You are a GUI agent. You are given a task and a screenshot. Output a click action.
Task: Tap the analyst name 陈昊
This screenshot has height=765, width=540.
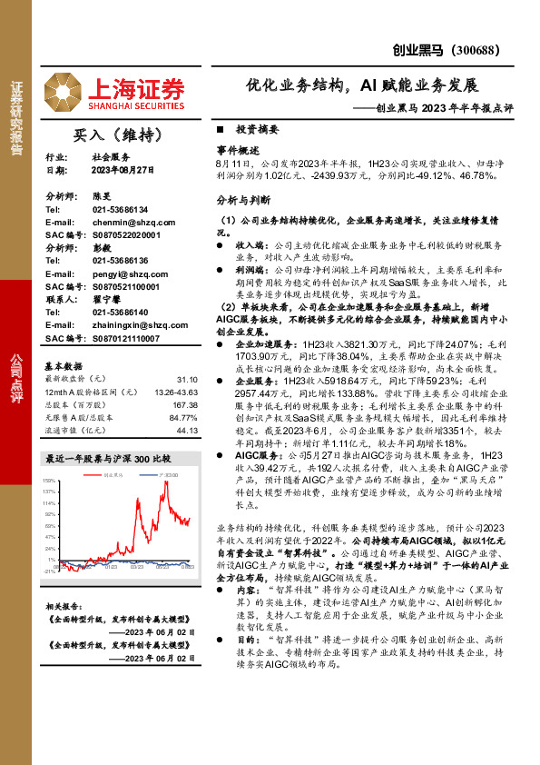tap(101, 195)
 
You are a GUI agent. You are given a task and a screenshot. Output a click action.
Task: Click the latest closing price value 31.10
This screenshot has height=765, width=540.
tap(187, 379)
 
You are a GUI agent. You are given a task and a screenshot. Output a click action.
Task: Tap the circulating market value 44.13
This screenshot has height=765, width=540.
tap(187, 430)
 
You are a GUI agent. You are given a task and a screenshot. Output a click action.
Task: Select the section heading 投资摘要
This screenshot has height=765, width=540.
tap(256, 130)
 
